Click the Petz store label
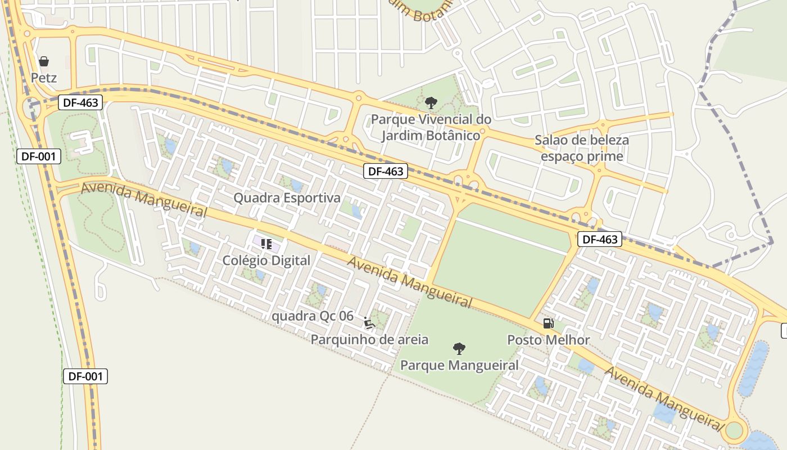(x=44, y=78)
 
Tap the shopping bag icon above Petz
(x=44, y=61)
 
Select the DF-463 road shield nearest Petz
(x=80, y=102)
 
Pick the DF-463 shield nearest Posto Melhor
(x=600, y=239)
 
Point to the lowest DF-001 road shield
(x=85, y=376)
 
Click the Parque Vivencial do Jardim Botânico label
(x=431, y=127)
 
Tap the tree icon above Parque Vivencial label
(x=431, y=102)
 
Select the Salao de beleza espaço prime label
(x=582, y=148)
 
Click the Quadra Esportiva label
(x=287, y=198)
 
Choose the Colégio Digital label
(x=266, y=260)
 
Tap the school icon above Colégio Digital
(x=266, y=244)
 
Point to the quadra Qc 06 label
(x=313, y=316)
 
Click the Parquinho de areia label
(x=369, y=340)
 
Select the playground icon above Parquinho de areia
(x=369, y=323)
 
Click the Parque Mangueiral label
(x=459, y=365)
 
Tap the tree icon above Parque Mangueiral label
(x=459, y=348)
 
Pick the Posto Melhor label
(x=549, y=340)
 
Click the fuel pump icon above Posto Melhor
(x=548, y=323)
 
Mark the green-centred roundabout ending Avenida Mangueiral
(x=734, y=431)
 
